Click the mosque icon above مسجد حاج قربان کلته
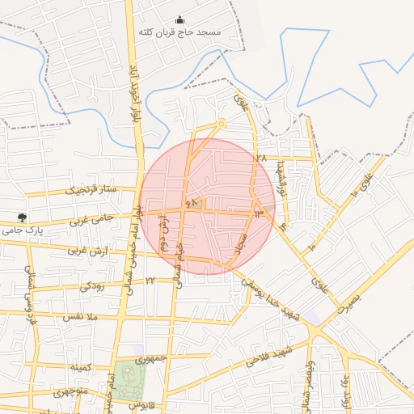point(180,20)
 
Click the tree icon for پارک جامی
point(21,218)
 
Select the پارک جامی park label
point(22,230)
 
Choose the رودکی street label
point(91,285)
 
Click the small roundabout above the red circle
point(222,124)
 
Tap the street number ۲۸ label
point(260,158)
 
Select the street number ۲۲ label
point(150,280)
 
